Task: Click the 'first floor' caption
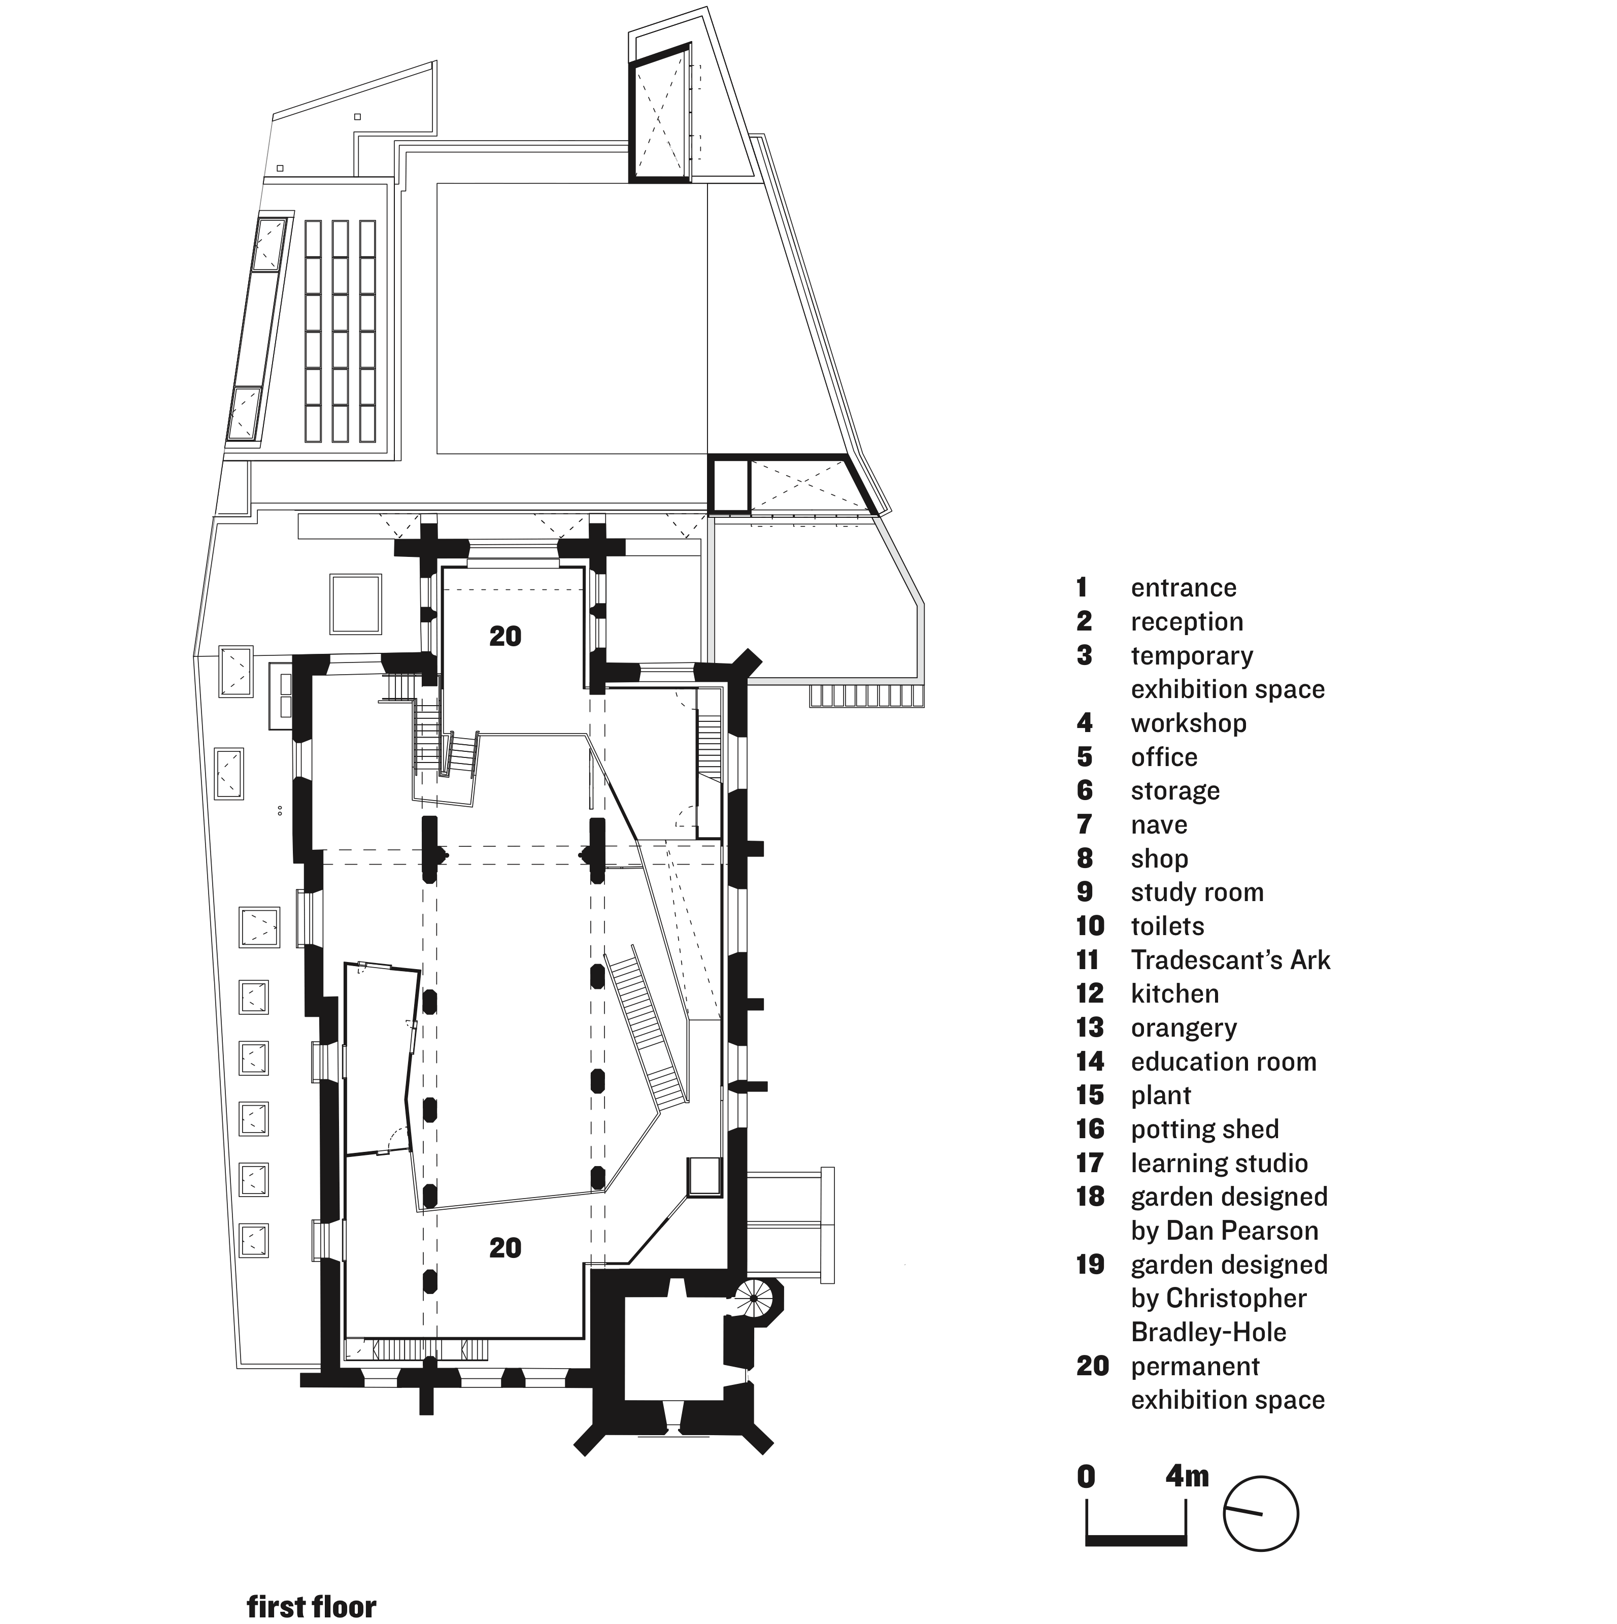click(x=311, y=1606)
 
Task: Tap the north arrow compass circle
click(x=1261, y=1513)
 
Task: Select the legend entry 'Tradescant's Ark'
click(x=1230, y=960)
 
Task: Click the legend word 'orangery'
click(x=1184, y=1027)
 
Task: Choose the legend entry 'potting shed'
click(x=1204, y=1129)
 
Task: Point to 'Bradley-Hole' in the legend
click(x=1208, y=1332)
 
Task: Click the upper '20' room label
click(x=505, y=636)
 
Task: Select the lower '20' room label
click(x=505, y=1247)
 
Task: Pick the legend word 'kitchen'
click(x=1174, y=993)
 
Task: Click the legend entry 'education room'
click(x=1223, y=1062)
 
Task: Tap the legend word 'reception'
click(x=1187, y=621)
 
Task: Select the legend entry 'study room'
click(x=1197, y=892)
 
